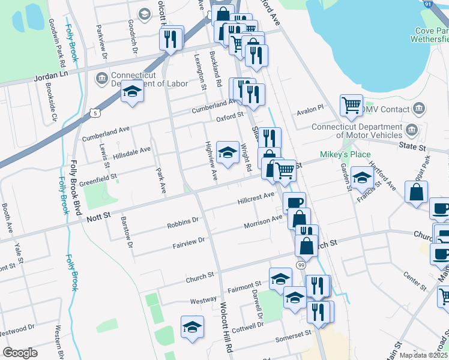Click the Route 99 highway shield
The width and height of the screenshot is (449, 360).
pos(301,265)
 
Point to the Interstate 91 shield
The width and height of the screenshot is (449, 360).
pos(444,4)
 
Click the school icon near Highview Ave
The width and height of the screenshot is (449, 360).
pos(228,153)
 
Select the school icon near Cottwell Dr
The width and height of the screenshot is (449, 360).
pos(191,326)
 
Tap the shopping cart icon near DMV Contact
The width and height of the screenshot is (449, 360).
pos(351,105)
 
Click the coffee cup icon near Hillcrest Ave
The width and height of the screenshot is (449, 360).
pos(294,202)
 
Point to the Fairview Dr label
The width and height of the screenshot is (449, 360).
pos(188,241)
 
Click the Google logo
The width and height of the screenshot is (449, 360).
pos(20,353)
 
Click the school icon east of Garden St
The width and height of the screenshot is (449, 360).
pos(362,178)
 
